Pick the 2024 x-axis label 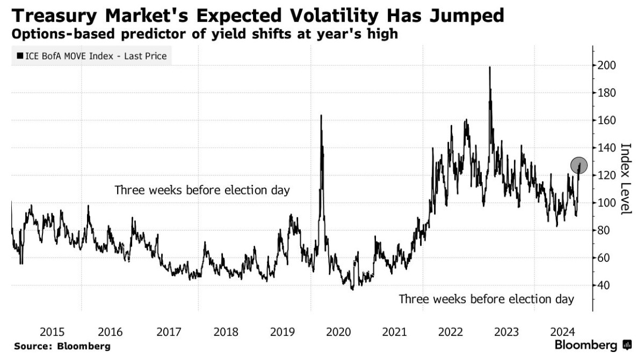566,332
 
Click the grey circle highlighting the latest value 579,165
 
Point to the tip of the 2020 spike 321,116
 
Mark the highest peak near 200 490,67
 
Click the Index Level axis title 625,179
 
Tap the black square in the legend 20,56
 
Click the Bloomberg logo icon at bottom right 627,345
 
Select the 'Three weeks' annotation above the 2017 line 202,190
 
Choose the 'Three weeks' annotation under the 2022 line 486,299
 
